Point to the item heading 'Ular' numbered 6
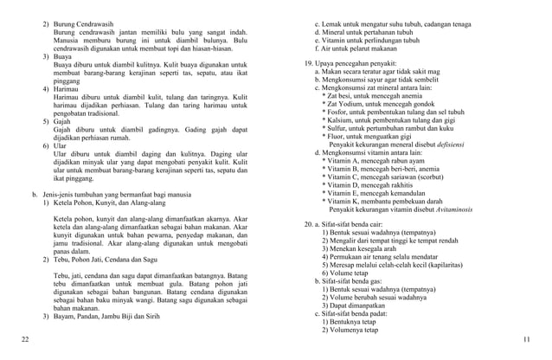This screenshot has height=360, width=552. pos(62,147)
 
